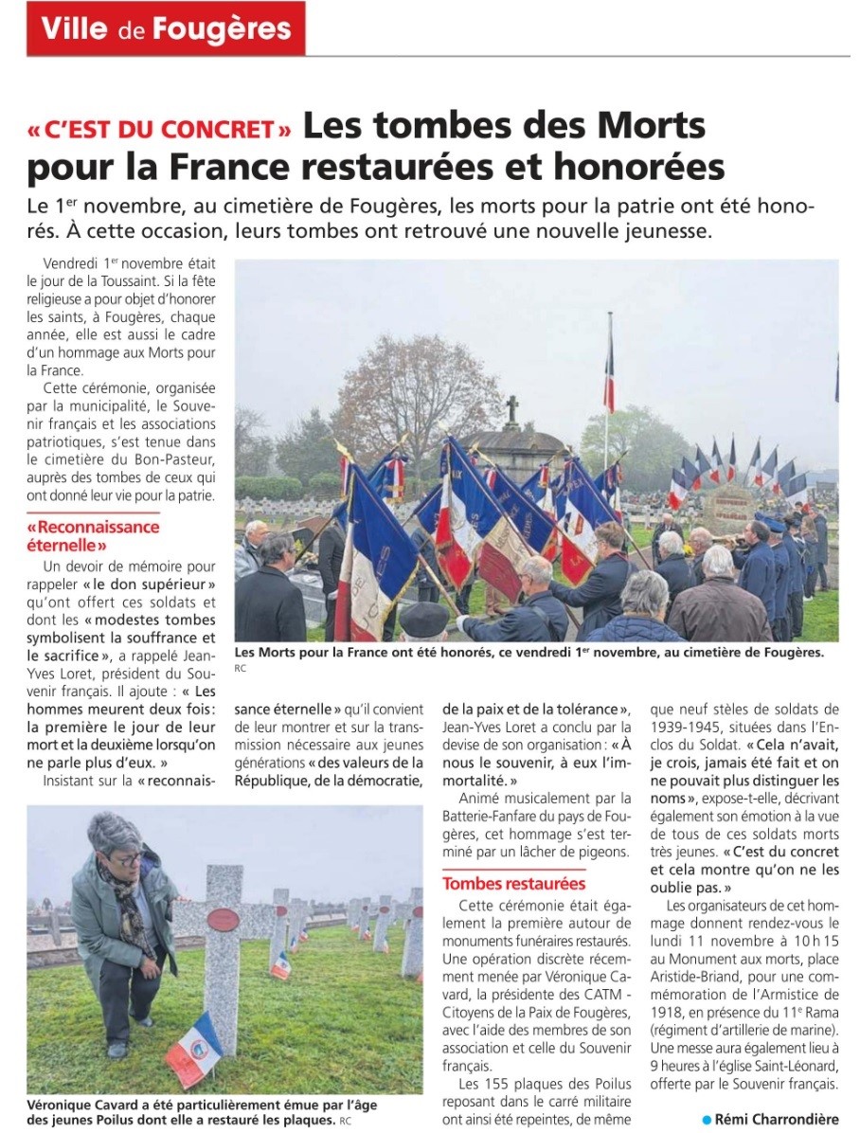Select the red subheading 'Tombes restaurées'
pos(514,884)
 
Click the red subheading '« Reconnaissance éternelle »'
pos(93,536)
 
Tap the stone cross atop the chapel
pos(512,409)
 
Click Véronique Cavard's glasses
pos(127,860)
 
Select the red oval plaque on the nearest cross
pos(223,918)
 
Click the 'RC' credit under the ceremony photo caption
pos(240,669)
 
